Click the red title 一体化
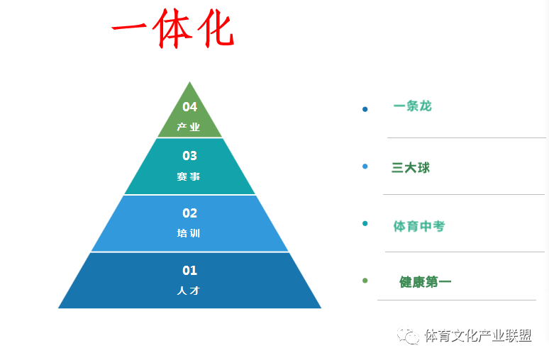pos(173,28)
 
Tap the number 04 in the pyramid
pos(190,107)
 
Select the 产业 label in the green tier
pos(189,127)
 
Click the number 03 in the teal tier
pos(190,156)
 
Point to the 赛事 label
pos(189,176)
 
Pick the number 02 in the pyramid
pos(190,213)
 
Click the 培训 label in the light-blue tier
pos(189,233)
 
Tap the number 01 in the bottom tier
pos(190,271)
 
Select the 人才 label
pos(189,291)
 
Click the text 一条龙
pos(412,106)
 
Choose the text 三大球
pos(411,167)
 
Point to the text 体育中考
pos(419,226)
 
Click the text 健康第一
pos(425,281)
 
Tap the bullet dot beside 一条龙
pos(365,109)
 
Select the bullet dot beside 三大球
pos(365,166)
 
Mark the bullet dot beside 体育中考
pos(365,223)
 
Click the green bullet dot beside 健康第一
pos(365,280)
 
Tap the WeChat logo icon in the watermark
pos(408,335)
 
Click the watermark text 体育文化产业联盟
pos(478,336)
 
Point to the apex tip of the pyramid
pos(190,81)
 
